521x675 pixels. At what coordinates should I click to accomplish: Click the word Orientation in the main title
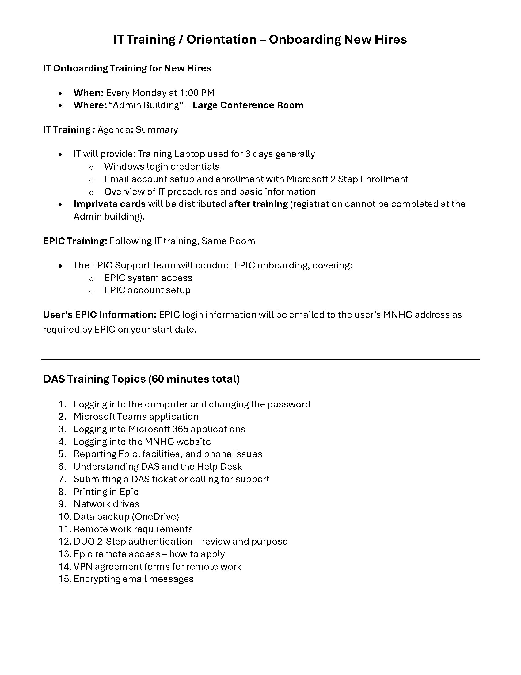[x=221, y=40]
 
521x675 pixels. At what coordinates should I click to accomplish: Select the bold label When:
[x=88, y=93]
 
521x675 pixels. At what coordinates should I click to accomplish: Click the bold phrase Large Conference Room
[x=248, y=105]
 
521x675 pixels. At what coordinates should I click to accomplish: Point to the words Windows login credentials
[x=162, y=167]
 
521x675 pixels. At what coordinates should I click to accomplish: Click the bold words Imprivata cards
[x=110, y=204]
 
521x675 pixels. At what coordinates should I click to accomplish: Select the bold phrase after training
[x=258, y=204]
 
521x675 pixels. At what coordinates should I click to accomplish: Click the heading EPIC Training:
[x=75, y=241]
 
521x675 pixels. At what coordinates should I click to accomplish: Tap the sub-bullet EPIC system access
[x=148, y=278]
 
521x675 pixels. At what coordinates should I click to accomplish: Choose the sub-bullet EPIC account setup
[x=147, y=290]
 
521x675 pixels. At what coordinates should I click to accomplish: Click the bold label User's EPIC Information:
[x=100, y=314]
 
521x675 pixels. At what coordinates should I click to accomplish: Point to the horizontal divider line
[x=260, y=360]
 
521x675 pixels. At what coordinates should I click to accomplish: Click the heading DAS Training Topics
[x=94, y=379]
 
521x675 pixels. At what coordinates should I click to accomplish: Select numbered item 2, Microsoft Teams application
[x=136, y=417]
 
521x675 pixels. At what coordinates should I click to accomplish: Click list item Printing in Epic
[x=106, y=492]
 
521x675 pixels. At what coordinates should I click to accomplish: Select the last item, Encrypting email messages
[x=133, y=579]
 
